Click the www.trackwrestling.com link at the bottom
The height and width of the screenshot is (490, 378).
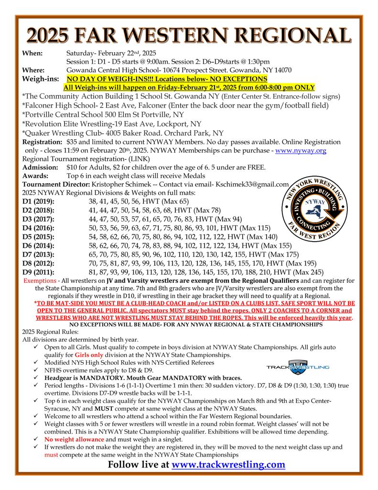click(x=228, y=464)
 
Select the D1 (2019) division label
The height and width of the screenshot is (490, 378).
click(x=39, y=201)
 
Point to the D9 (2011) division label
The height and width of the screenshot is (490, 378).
click(x=39, y=271)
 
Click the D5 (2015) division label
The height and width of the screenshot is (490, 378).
click(x=39, y=236)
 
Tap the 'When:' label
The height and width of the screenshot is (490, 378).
click(x=33, y=53)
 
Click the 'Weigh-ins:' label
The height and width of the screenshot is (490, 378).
click(x=41, y=78)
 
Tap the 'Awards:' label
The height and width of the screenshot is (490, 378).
click(x=36, y=176)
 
